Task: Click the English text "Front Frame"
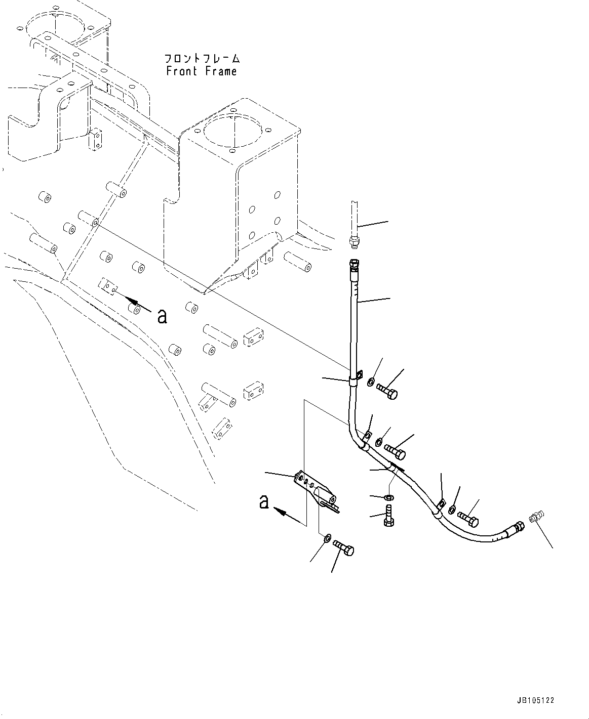point(201,71)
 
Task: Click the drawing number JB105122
point(536,701)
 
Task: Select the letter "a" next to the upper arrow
point(162,316)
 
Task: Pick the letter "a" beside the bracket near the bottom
point(263,502)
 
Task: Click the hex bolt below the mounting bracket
point(344,548)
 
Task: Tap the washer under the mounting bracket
point(328,536)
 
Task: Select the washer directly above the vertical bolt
point(388,498)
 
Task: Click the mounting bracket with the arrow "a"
point(317,491)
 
